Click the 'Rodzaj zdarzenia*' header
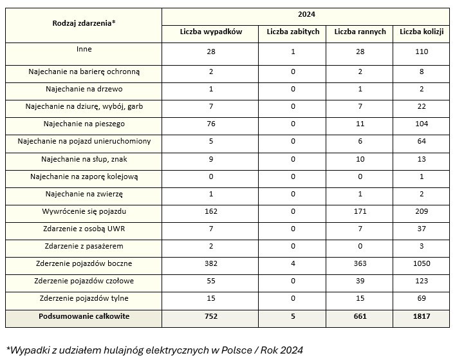click(x=84, y=23)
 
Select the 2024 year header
click(x=306, y=14)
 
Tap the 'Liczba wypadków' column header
click(x=211, y=32)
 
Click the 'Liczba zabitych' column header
click(x=293, y=32)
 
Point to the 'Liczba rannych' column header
click(x=360, y=32)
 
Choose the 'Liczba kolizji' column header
click(x=422, y=32)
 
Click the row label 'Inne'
click(x=84, y=49)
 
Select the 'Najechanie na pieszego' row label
click(x=84, y=124)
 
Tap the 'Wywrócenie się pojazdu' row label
click(x=84, y=211)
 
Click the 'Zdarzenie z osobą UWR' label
click(x=84, y=229)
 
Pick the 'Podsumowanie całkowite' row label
click(x=84, y=316)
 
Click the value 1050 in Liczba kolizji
click(x=422, y=263)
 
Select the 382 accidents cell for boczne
click(x=211, y=263)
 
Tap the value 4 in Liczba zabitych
click(x=293, y=263)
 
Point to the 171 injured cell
click(x=360, y=211)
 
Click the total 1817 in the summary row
click(x=422, y=316)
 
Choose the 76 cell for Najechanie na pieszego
click(x=211, y=124)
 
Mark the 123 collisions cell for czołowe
click(x=422, y=281)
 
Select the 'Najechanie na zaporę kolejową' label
click(x=84, y=176)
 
